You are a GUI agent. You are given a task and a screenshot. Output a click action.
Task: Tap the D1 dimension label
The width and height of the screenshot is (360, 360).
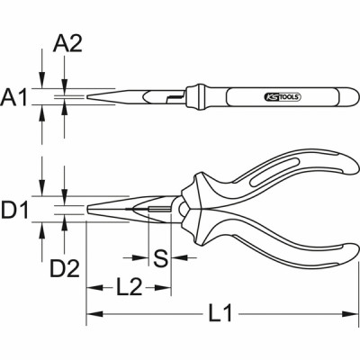click(16, 212)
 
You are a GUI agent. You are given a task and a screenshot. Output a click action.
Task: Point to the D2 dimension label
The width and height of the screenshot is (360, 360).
click(64, 267)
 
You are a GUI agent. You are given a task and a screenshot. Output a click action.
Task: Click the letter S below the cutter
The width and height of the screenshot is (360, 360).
click(159, 260)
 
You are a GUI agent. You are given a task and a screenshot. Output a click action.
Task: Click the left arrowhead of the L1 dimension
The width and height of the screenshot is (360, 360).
click(91, 314)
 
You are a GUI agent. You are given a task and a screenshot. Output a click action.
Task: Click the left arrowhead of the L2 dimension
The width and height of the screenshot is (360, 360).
click(91, 288)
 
